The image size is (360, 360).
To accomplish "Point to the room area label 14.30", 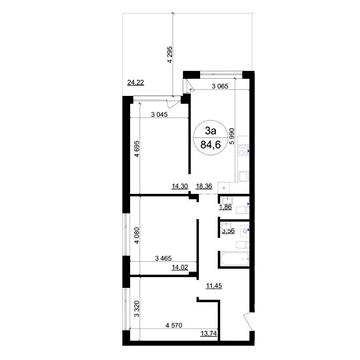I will pos(179,187).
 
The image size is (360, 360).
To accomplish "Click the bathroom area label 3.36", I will pos(227,231).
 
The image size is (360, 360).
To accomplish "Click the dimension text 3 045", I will pos(162,115).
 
